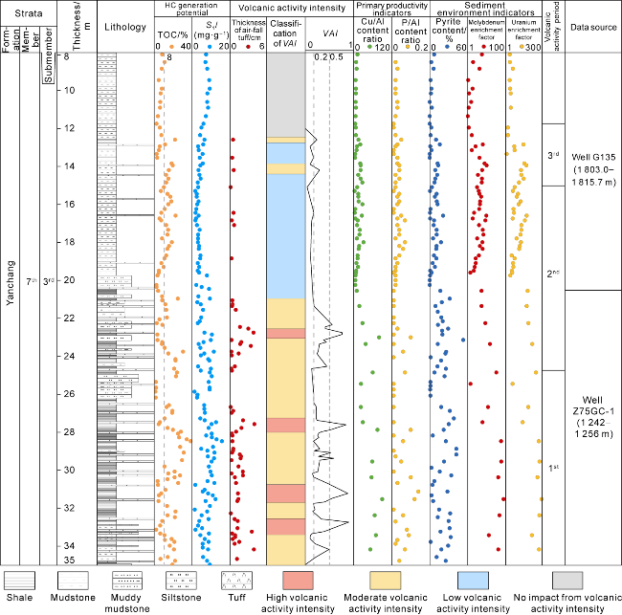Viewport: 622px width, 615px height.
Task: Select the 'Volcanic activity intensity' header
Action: point(289,9)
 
